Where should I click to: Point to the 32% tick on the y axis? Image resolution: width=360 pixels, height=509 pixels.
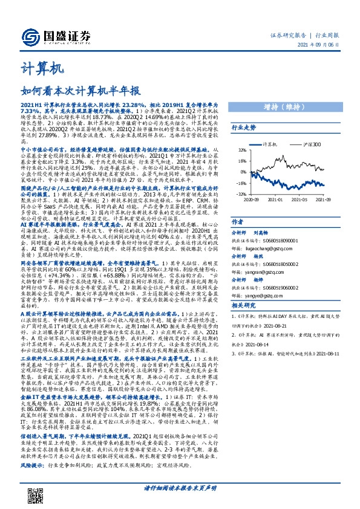pos(241,150)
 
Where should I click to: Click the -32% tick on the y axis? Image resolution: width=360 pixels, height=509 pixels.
pos(241,193)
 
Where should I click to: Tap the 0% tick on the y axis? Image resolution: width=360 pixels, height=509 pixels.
pos(243,172)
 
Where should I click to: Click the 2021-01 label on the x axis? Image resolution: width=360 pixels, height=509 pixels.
pos(277,198)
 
